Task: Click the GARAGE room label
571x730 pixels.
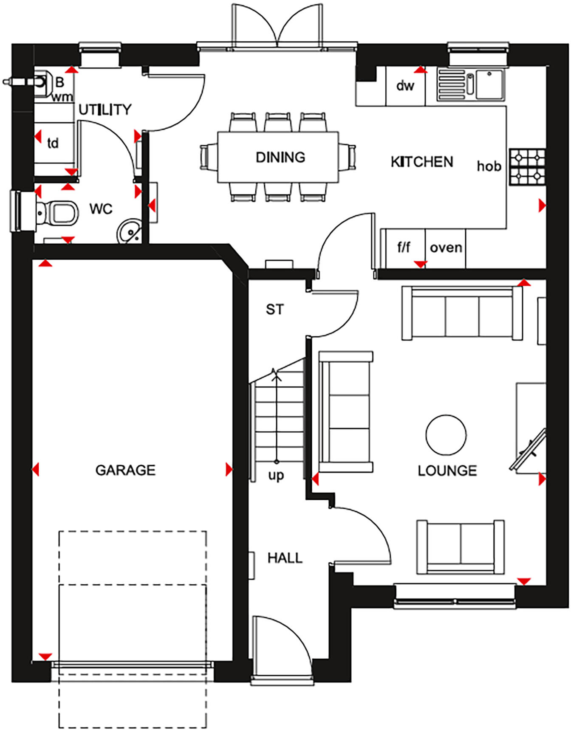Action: (125, 470)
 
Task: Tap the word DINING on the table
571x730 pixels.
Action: (280, 157)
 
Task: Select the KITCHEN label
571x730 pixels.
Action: (422, 162)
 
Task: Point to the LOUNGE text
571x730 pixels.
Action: (447, 471)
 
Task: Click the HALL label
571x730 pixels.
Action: (285, 558)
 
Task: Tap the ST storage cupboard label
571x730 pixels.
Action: (274, 310)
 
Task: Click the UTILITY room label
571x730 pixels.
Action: (105, 110)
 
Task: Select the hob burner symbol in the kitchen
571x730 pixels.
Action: (527, 167)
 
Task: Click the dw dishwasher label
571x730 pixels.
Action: (405, 86)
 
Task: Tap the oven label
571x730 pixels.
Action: (446, 248)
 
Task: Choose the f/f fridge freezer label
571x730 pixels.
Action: (404, 247)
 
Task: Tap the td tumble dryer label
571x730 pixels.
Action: (53, 144)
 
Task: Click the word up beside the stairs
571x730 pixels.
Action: (276, 475)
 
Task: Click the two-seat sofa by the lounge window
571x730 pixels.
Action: (461, 547)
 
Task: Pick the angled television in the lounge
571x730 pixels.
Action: (529, 450)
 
